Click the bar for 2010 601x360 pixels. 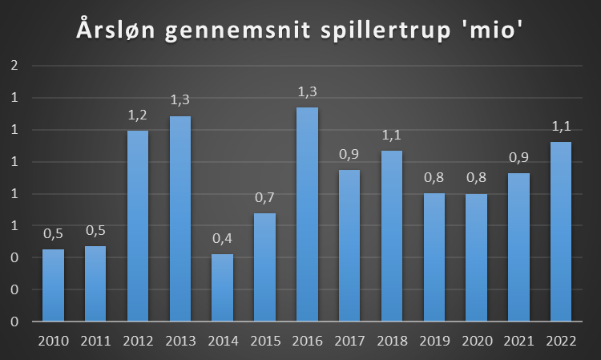click(x=53, y=285)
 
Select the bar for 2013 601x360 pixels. click(x=180, y=219)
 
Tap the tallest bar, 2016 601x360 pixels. click(x=307, y=215)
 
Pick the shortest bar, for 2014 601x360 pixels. click(x=223, y=288)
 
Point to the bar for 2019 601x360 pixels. click(x=434, y=257)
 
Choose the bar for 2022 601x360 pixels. click(x=561, y=232)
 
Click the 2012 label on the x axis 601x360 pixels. click(x=138, y=341)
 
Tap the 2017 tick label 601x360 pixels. click(x=349, y=341)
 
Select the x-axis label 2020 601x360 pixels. click(x=477, y=341)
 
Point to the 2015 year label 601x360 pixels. click(x=265, y=341)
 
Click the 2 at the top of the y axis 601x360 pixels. click(x=14, y=66)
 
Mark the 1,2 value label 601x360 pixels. click(x=138, y=115)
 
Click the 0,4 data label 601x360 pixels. click(x=223, y=239)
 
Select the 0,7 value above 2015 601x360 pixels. click(x=265, y=197)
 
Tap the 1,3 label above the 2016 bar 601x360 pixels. click(x=307, y=92)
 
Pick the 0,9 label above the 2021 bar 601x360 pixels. click(x=518, y=158)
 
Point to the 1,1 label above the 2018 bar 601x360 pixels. click(x=392, y=135)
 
